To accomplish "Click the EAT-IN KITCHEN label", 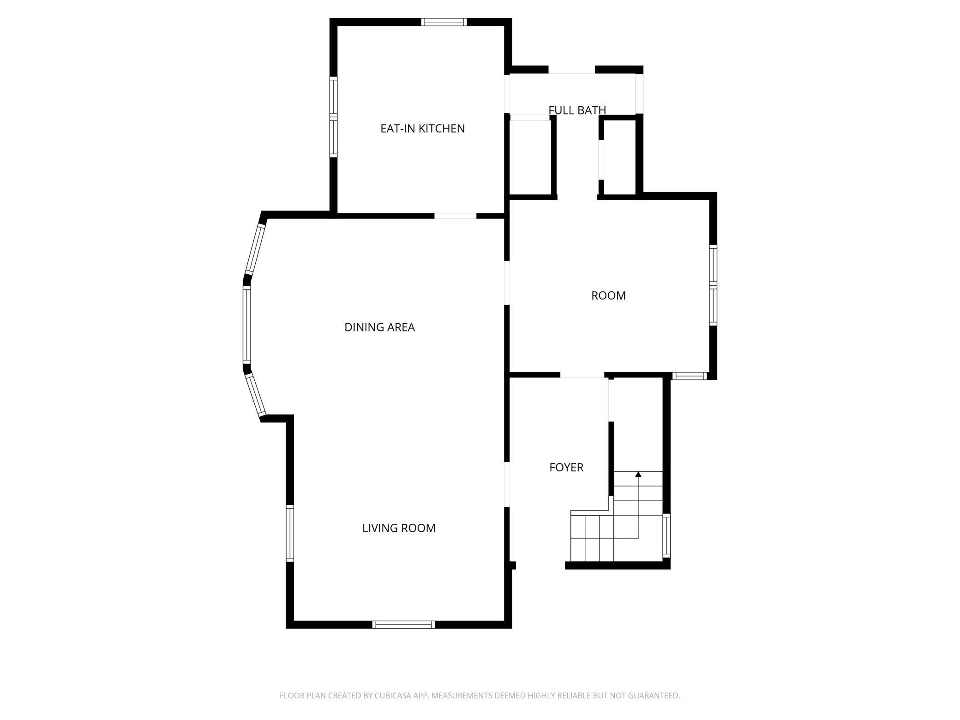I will [422, 128].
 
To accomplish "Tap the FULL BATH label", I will [577, 110].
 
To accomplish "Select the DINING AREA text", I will [379, 327].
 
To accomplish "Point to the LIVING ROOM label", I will [399, 528].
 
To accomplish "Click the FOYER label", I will [566, 468].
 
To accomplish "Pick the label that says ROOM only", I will [608, 295].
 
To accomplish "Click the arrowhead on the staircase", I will [638, 474].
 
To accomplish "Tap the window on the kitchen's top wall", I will [444, 22].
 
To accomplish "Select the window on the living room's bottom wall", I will [404, 624].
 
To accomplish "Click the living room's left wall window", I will [290, 533].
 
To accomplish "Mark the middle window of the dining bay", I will [247, 324].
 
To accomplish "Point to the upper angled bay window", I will [255, 249].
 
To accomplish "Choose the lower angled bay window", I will [256, 395].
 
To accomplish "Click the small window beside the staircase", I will [666, 535].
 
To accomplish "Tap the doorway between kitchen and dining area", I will [455, 216].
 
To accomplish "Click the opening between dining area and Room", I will [507, 283].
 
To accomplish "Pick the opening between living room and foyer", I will [507, 484].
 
